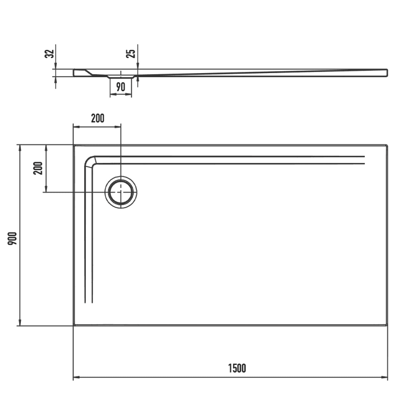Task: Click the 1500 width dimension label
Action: click(237, 368)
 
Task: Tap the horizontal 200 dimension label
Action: click(97, 118)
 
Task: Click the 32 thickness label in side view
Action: click(50, 53)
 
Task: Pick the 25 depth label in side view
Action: click(132, 54)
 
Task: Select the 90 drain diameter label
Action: click(121, 87)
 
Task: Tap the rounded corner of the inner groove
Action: click(90, 161)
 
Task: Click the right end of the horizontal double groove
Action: click(364, 161)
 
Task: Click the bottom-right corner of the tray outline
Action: click(387, 325)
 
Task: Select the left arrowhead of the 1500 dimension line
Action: click(75, 378)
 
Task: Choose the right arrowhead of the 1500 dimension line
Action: click(385, 378)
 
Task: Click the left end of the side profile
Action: click(74, 73)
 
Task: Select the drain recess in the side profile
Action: click(121, 76)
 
